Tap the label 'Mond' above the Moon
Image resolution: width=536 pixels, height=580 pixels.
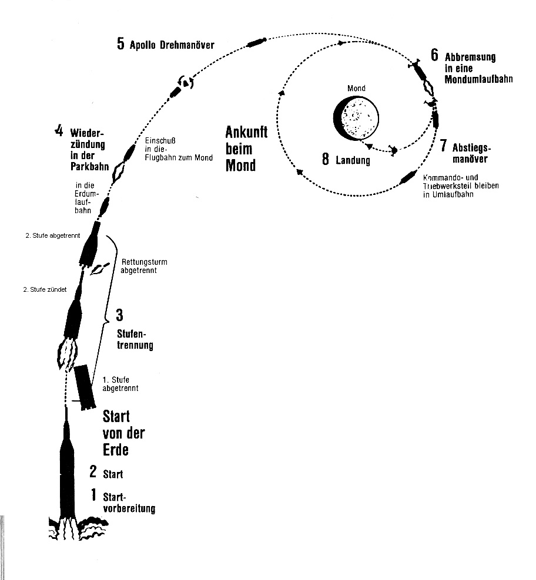pos(356,89)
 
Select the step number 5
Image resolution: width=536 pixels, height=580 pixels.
pos(120,45)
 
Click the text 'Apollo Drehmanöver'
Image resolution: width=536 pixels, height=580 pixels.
pos(172,45)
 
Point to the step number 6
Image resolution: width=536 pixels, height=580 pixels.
pos(434,56)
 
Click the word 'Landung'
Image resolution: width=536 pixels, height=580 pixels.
pos(353,160)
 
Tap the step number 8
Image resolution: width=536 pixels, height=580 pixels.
pos(326,160)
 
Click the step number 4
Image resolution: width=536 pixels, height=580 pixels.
pos(58,131)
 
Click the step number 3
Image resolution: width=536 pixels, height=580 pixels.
pos(119,316)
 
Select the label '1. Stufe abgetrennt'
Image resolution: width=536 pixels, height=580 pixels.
pos(120,384)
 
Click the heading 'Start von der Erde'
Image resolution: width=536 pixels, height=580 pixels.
pos(123,433)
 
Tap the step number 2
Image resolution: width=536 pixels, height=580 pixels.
pos(93,472)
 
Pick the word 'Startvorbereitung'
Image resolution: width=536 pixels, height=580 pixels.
pos(129,503)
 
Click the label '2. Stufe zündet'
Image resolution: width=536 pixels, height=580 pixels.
pos(45,289)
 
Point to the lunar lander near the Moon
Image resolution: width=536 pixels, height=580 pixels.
pos(394,151)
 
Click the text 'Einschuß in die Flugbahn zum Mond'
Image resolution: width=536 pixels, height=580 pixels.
pos(170,150)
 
